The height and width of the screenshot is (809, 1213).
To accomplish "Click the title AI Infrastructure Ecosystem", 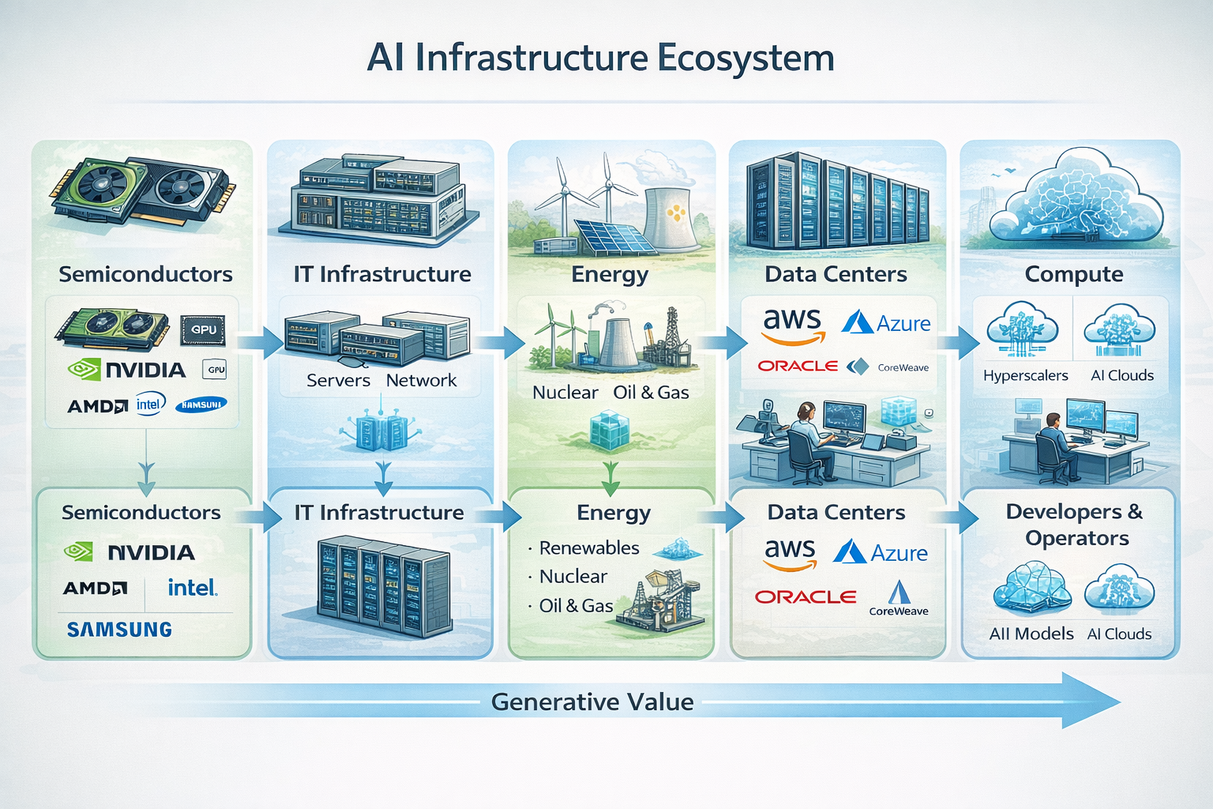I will click(600, 58).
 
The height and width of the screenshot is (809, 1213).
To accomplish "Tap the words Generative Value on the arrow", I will click(592, 702).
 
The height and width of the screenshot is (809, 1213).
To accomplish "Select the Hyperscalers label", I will click(1025, 376).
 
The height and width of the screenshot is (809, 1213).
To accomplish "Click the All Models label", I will click(1031, 634).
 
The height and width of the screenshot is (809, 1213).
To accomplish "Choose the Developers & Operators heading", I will click(1074, 525).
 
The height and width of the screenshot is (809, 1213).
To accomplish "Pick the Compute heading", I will click(1073, 274).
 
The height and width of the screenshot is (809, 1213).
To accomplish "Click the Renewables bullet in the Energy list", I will click(588, 548).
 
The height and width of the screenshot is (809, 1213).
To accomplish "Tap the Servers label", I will click(338, 381).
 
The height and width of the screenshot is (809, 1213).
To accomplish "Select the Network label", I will click(421, 381).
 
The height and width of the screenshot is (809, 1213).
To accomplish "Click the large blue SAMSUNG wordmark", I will click(119, 630).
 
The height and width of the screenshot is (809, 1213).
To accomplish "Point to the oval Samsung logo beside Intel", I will click(201, 404).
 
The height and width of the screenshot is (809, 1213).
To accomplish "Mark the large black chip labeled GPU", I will click(203, 330).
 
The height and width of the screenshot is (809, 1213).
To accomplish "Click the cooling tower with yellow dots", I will click(670, 218).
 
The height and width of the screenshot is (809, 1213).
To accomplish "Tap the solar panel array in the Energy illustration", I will click(605, 236).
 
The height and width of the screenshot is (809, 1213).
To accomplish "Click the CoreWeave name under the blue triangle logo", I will click(899, 611).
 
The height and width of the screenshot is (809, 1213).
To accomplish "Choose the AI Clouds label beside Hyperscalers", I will click(1121, 376).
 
